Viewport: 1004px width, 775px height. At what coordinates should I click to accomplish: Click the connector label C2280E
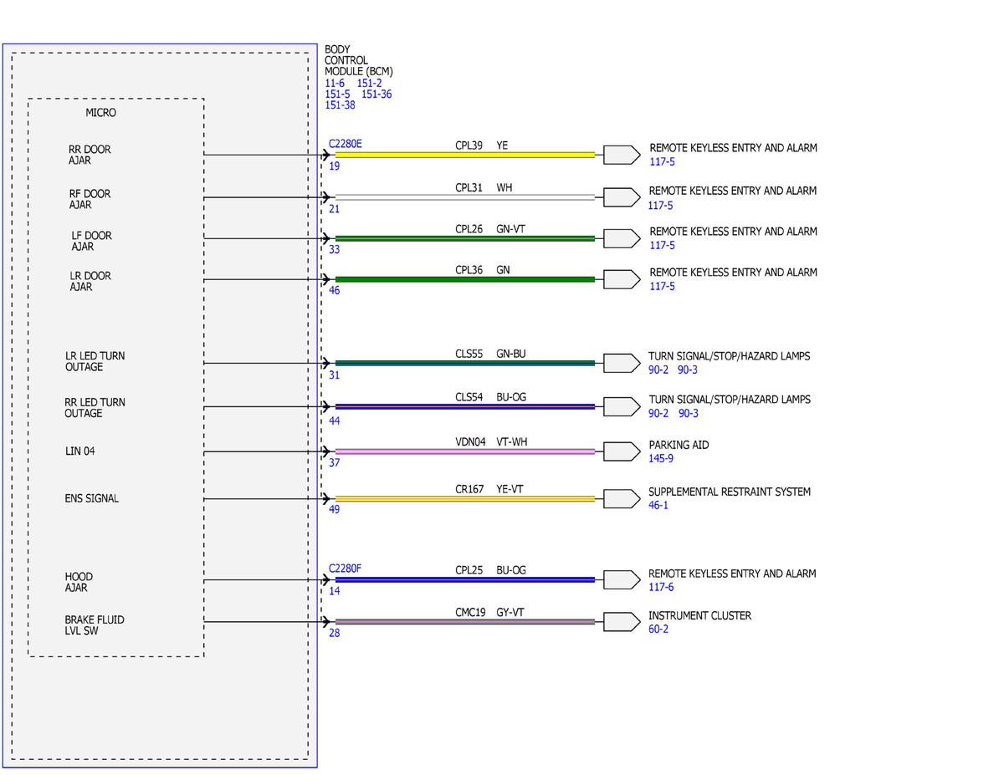point(345,144)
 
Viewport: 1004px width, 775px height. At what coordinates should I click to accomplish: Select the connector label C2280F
point(345,569)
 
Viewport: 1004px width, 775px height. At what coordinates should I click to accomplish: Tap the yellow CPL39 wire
point(465,155)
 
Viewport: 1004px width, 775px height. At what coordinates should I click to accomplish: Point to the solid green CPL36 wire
point(465,279)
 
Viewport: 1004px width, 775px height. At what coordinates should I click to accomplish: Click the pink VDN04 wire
point(465,451)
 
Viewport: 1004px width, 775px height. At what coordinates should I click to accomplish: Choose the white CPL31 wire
point(465,197)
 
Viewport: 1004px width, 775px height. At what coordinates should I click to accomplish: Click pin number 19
point(334,166)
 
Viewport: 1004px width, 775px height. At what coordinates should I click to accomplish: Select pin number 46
point(334,290)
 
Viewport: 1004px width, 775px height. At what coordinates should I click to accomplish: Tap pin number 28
point(334,633)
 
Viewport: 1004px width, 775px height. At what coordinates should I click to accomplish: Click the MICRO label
point(100,113)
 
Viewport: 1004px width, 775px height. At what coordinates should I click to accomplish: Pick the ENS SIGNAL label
point(91,498)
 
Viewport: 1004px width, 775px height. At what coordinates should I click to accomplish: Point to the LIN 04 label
point(80,451)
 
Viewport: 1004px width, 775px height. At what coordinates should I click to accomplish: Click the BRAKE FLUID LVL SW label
point(95,625)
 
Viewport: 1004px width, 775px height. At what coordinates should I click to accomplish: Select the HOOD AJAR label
point(79,582)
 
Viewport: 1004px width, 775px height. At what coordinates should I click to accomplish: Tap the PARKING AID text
point(679,445)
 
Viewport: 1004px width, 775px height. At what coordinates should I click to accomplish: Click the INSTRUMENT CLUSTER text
point(699,615)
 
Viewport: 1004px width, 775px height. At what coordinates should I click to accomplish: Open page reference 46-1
point(658,505)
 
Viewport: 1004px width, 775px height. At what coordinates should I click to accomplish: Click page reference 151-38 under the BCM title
point(340,105)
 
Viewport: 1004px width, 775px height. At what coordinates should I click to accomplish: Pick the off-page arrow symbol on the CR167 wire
point(622,499)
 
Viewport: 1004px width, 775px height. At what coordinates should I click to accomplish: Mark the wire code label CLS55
point(469,354)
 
